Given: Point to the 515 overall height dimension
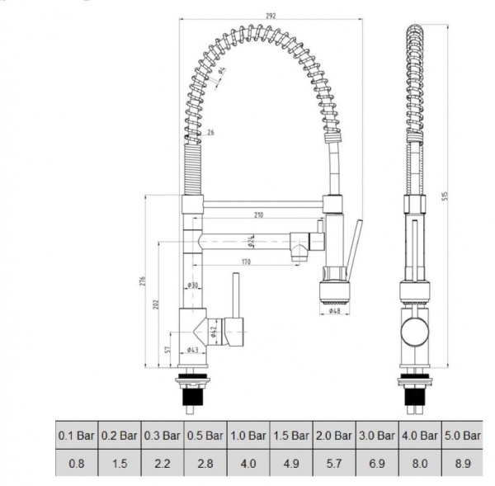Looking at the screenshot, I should point(446,196).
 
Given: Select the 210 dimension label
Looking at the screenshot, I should point(258,215).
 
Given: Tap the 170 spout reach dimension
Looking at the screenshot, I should point(246,262).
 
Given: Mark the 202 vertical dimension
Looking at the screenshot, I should point(156,304).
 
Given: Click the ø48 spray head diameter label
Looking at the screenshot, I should point(336,311).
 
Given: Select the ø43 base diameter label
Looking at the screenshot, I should point(193,350).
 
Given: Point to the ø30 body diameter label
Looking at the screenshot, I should point(192,285).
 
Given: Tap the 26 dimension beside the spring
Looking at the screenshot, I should point(211,133).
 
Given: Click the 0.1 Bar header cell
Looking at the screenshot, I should point(76,435).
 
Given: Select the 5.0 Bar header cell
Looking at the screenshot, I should point(462,435).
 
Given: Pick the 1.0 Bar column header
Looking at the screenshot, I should point(247,435).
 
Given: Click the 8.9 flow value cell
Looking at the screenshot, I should point(462,464).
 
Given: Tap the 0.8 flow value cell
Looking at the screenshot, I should point(76,464).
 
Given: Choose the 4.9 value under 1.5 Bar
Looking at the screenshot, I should point(290,464).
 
